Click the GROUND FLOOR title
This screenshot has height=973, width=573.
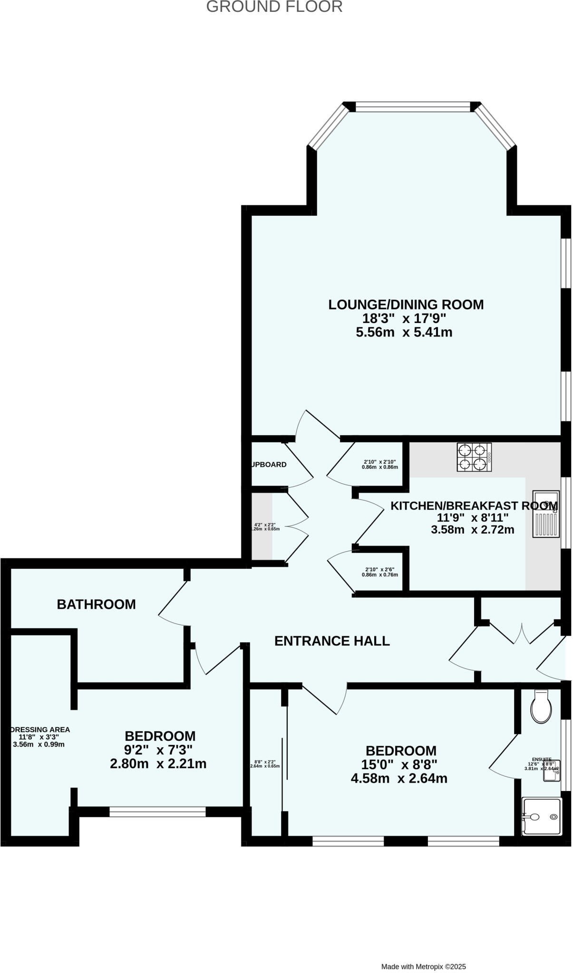pyautogui.click(x=274, y=7)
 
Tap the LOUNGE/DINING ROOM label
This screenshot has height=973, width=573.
pyautogui.click(x=406, y=305)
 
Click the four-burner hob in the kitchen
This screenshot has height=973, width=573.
pyautogui.click(x=474, y=457)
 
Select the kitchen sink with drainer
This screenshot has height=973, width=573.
pyautogui.click(x=545, y=514)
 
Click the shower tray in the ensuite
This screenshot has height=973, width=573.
pyautogui.click(x=542, y=816)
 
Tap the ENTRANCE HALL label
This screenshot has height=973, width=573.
pyautogui.click(x=332, y=641)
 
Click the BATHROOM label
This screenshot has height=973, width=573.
pyautogui.click(x=96, y=604)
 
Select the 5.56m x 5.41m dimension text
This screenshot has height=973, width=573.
pyautogui.click(x=404, y=332)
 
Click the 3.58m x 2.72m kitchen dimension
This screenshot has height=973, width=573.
pyautogui.click(x=472, y=529)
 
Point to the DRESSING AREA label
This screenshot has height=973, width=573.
pyautogui.click(x=40, y=729)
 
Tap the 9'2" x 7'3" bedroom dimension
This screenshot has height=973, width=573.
pyautogui.click(x=158, y=750)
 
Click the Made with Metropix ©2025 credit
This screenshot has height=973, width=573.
pyautogui.click(x=423, y=953)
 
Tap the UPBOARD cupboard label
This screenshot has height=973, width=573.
pyautogui.click(x=269, y=464)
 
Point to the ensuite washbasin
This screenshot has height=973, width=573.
pyautogui.click(x=552, y=771)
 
